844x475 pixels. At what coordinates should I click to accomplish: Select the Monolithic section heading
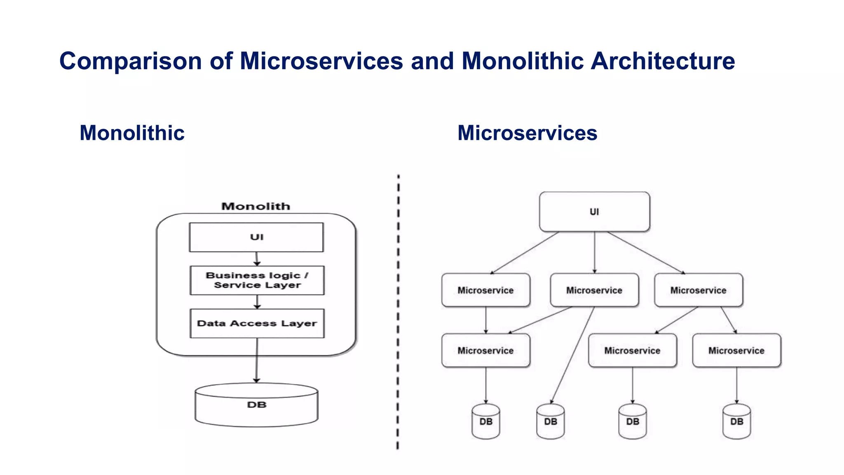click(x=132, y=133)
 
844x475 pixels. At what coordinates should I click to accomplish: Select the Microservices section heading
click(x=527, y=133)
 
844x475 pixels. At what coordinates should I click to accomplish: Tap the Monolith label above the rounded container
click(x=256, y=206)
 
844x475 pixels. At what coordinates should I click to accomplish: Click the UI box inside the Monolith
click(x=256, y=237)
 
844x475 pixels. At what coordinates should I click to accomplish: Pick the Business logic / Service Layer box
click(x=257, y=280)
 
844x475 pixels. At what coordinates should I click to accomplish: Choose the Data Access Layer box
click(x=257, y=323)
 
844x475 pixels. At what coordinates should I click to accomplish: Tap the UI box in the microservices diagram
click(x=594, y=212)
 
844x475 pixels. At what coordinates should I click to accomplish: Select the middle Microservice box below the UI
click(x=594, y=290)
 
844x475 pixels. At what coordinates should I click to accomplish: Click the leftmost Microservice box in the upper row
click(x=485, y=290)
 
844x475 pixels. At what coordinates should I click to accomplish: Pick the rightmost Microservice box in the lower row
click(x=736, y=350)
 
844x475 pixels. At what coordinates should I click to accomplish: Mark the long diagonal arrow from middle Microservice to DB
click(x=573, y=355)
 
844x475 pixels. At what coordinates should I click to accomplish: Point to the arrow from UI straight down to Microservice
click(x=594, y=252)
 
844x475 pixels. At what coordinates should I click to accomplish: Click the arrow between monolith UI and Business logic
click(x=257, y=259)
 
